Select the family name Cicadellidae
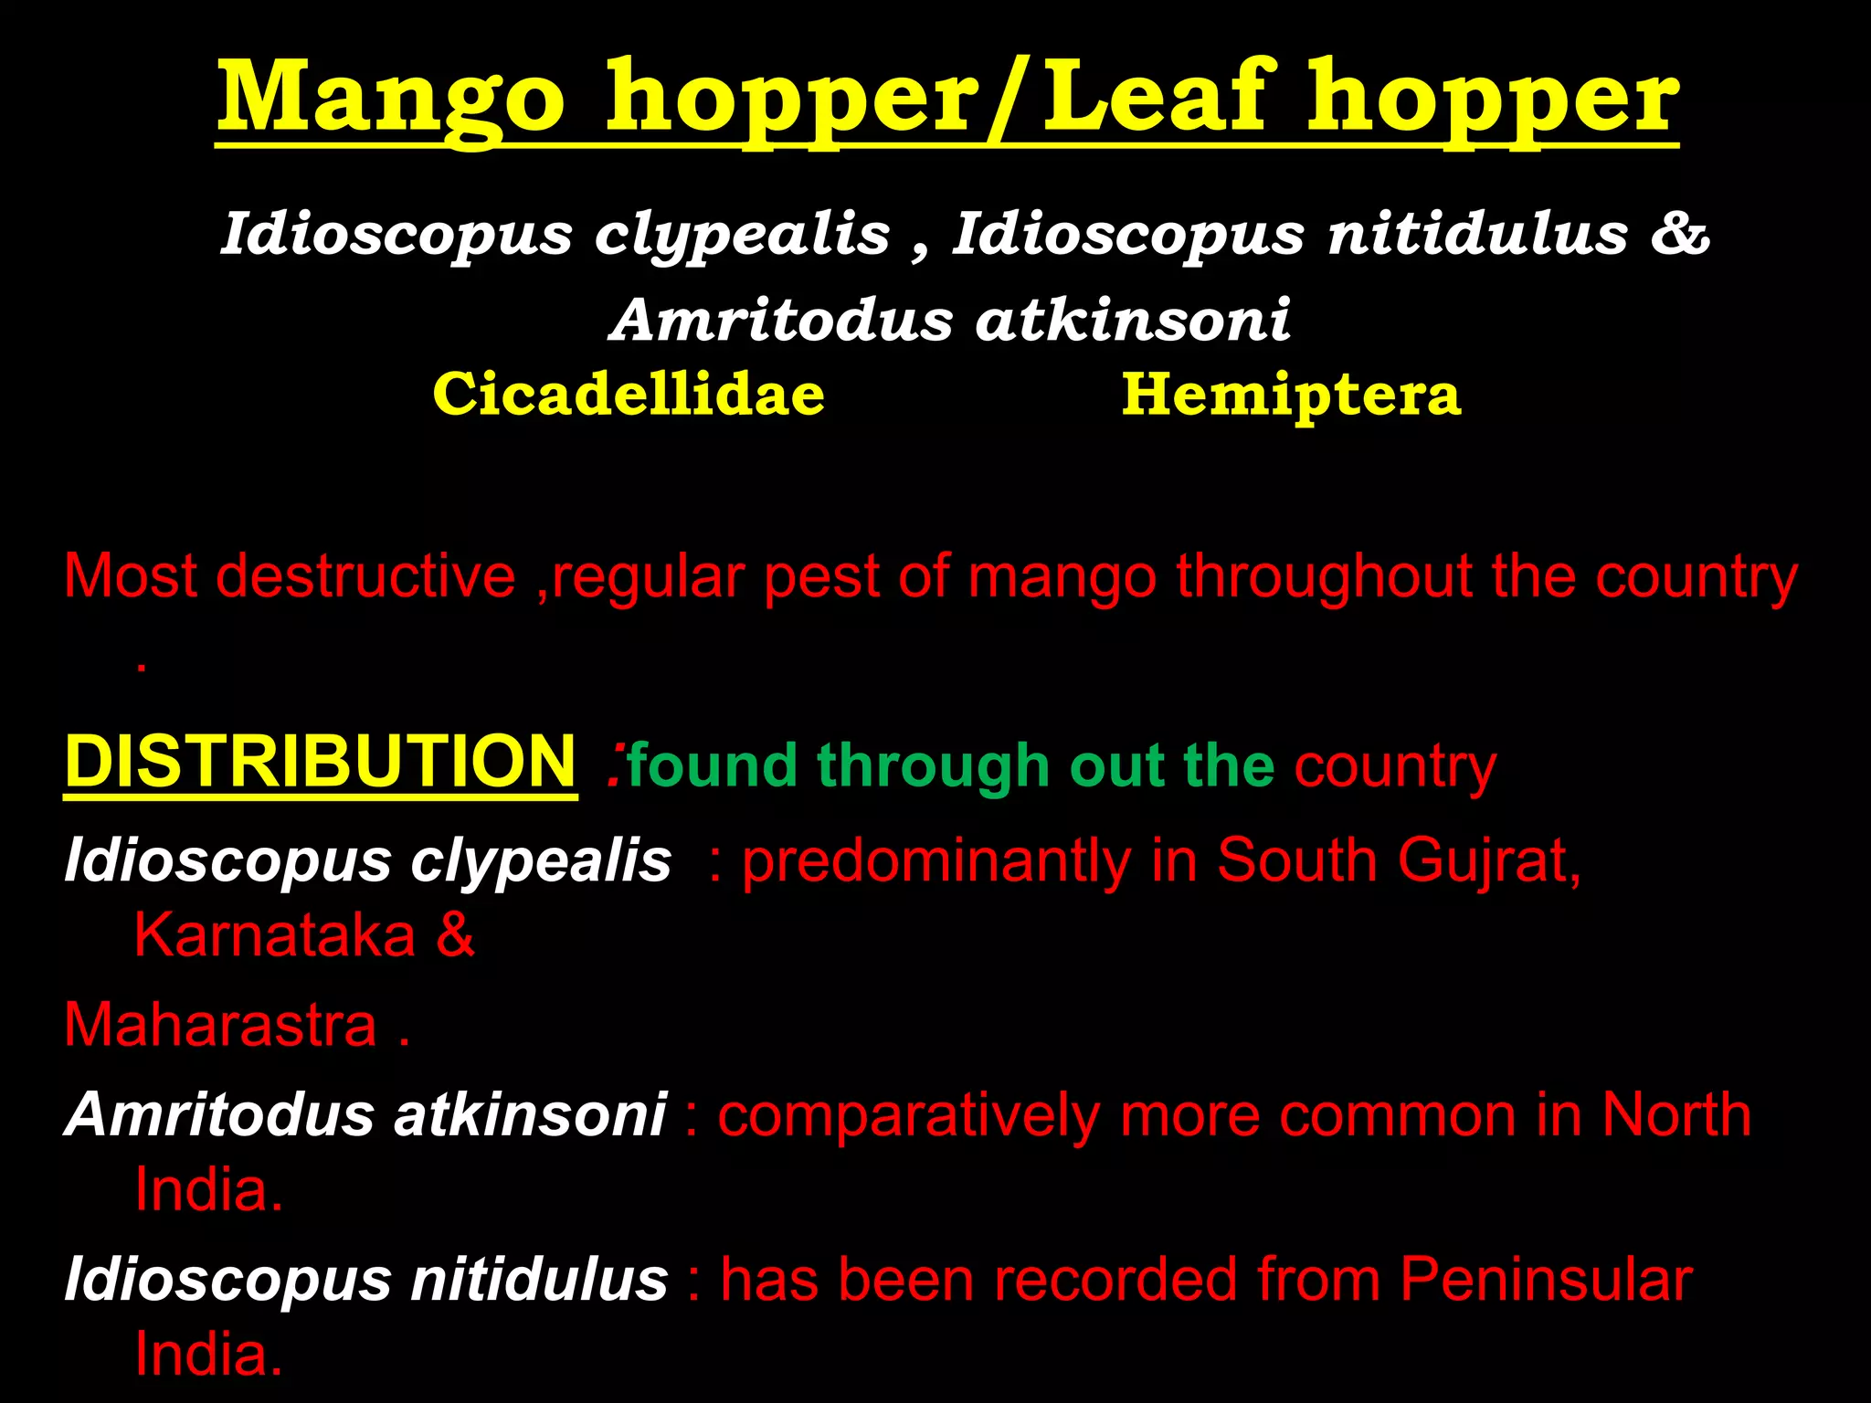pos(629,395)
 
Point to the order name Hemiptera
pos(1291,395)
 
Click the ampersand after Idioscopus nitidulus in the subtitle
pos(1679,234)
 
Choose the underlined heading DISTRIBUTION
pos(320,763)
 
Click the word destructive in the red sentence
pos(365,577)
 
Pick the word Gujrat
pos(1489,861)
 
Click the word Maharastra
pos(220,1025)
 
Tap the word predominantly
pos(936,861)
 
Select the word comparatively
pos(908,1116)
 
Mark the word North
pos(1676,1114)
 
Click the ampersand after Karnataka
pos(455,935)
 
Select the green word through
pos(933,765)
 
